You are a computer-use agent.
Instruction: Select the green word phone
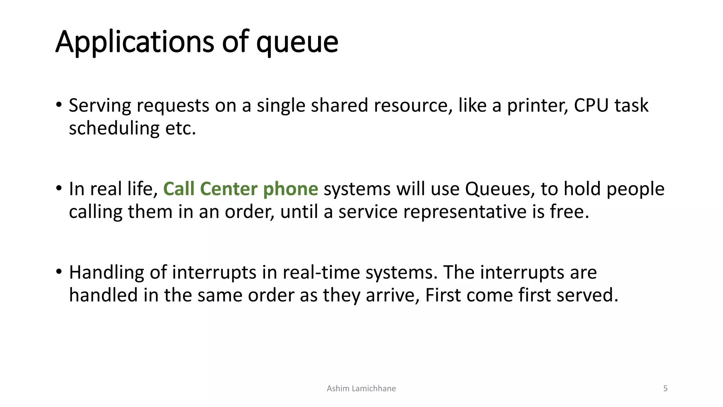click(291, 189)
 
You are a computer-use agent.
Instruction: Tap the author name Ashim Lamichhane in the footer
click(361, 389)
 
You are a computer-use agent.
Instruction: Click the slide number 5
click(665, 389)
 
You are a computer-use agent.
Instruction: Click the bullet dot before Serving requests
click(59, 105)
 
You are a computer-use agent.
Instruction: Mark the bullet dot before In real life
click(59, 188)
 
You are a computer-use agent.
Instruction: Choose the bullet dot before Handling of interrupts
click(59, 272)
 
